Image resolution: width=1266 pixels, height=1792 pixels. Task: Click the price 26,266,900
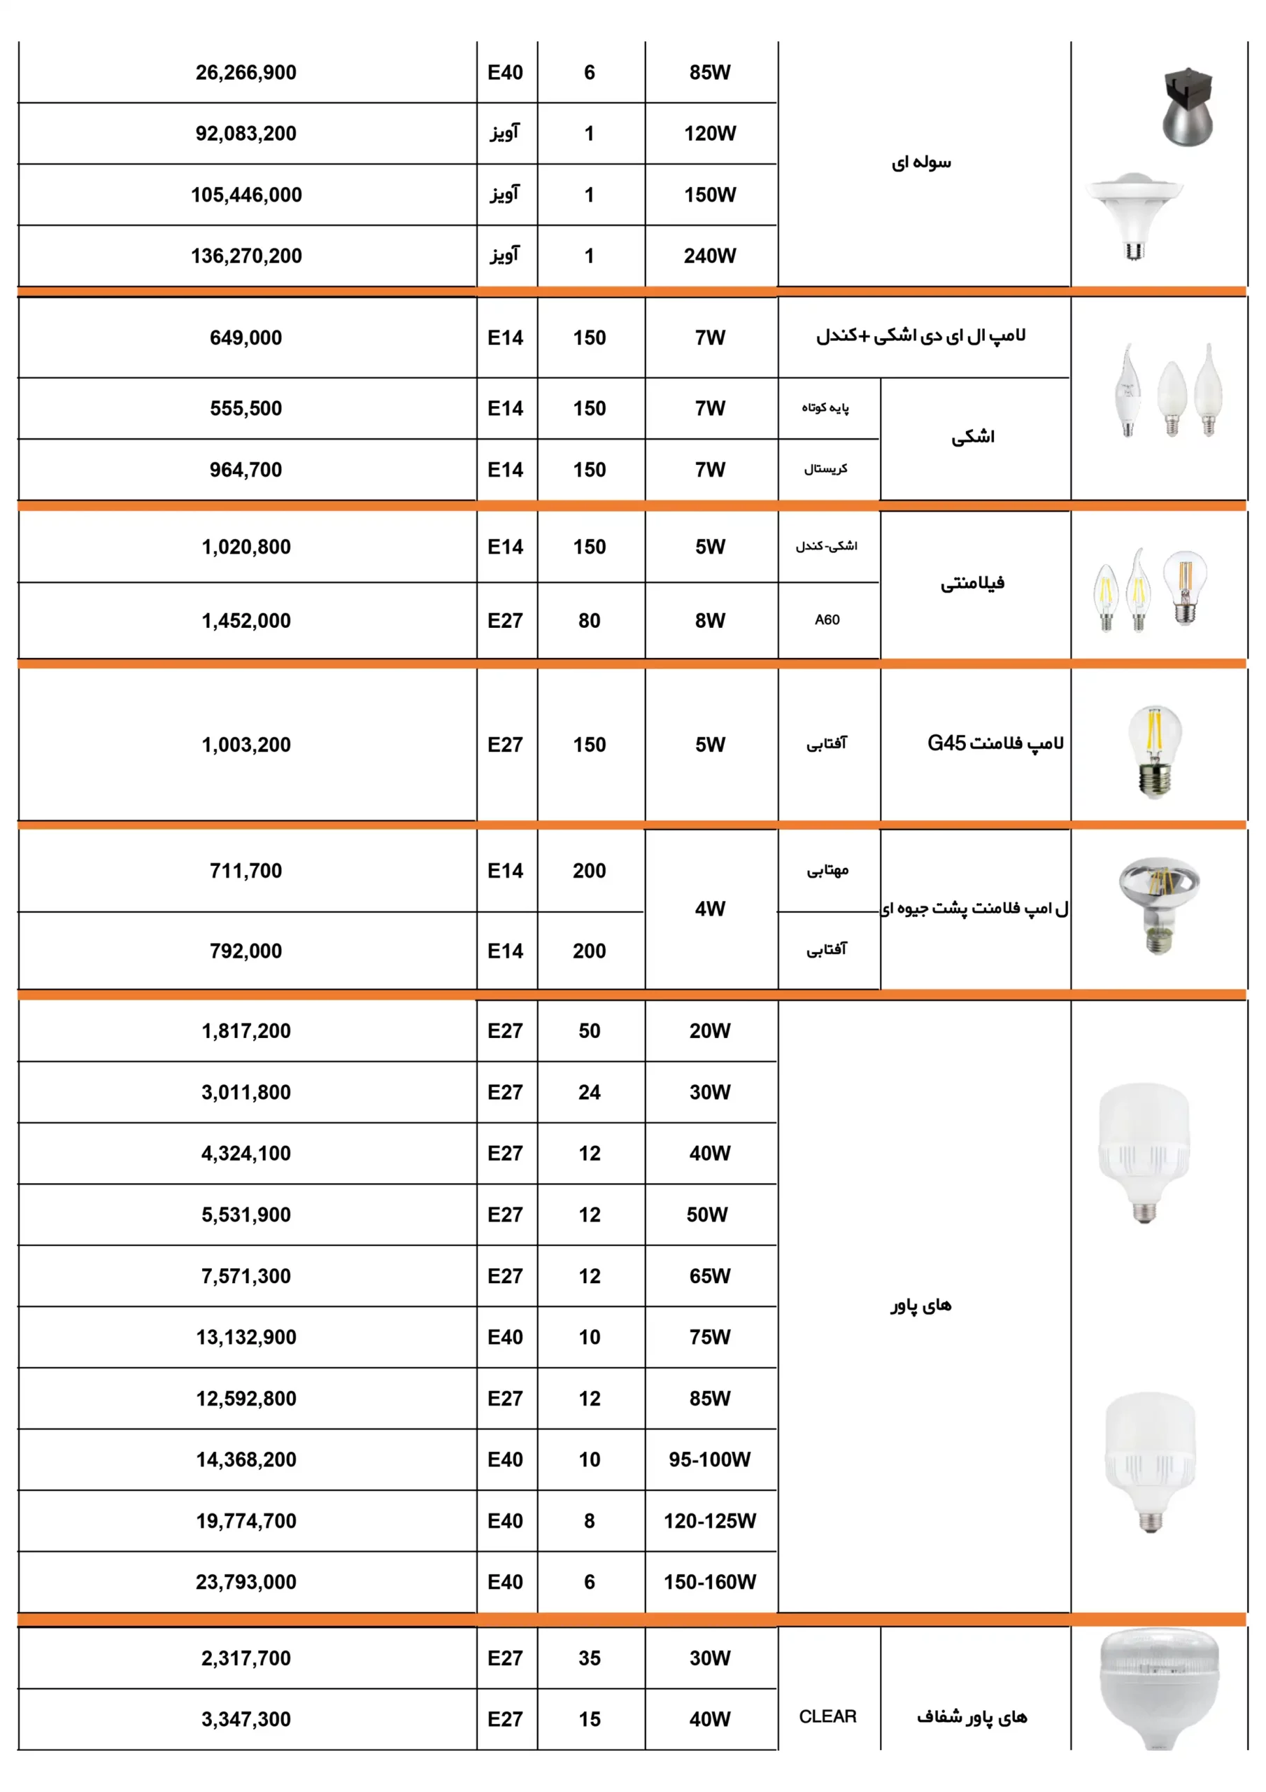246,73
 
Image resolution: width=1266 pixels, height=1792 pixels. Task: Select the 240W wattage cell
710,256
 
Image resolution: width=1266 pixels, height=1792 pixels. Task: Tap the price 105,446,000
246,195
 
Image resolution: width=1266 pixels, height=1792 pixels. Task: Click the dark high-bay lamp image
1186,107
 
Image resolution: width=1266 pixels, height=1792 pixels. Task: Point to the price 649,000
246,338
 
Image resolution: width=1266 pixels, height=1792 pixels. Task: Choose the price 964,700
246,470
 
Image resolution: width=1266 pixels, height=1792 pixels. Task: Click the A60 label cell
827,620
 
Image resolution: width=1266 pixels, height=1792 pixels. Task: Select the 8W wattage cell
710,622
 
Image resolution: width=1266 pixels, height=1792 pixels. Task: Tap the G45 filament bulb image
1155,751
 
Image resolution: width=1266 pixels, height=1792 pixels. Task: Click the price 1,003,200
246,745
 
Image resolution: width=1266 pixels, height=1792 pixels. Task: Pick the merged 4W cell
710,909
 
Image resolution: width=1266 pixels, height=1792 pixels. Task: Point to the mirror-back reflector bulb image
1158,905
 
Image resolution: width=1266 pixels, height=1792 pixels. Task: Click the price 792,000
246,951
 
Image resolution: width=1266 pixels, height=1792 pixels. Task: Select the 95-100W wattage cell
710,1459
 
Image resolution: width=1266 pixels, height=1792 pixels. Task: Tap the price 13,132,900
246,1338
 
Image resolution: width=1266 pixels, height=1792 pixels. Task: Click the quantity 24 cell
589,1093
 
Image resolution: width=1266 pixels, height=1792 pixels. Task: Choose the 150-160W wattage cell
710,1582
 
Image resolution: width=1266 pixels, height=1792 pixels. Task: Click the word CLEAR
827,1716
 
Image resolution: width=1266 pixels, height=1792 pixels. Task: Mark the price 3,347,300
246,1719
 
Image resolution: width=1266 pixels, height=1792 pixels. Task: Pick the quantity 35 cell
589,1658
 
